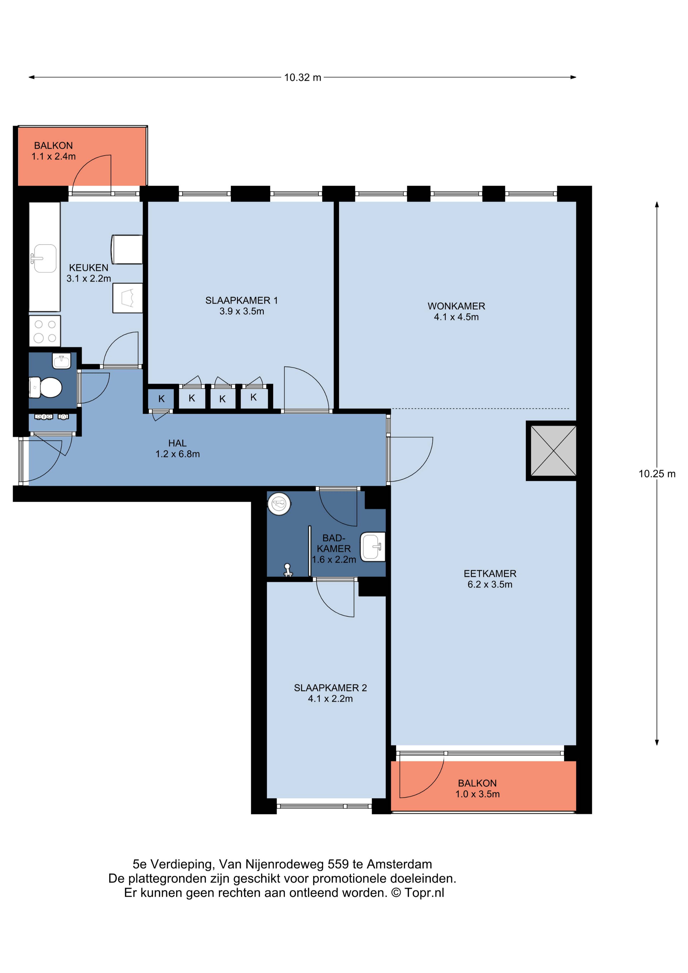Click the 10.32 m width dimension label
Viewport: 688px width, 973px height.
pos(303,78)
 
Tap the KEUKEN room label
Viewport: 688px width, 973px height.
pos(89,268)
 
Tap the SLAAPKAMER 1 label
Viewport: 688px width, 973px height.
pos(242,300)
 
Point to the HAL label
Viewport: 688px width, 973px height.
pos(177,443)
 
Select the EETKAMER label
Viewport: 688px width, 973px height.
pos(490,574)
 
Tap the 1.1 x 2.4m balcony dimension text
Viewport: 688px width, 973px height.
pos(53,156)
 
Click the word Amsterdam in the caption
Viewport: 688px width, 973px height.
pos(399,864)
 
